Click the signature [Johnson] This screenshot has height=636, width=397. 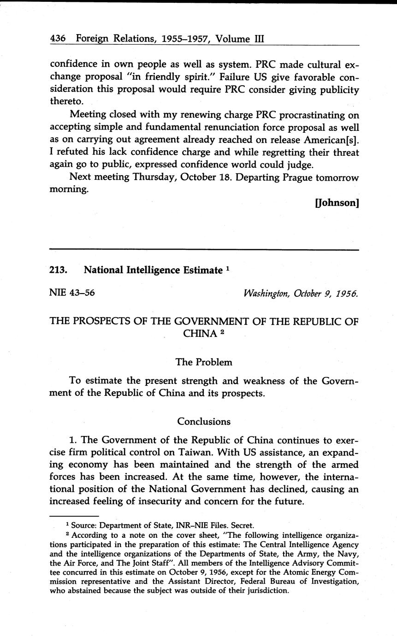pos(337,203)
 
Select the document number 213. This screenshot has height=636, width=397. pos(59,270)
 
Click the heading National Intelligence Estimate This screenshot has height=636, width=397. pos(153,270)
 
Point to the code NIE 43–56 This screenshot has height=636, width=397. pos(72,292)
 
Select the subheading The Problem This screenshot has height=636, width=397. pos(204,362)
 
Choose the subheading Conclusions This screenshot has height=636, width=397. pos(204,421)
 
